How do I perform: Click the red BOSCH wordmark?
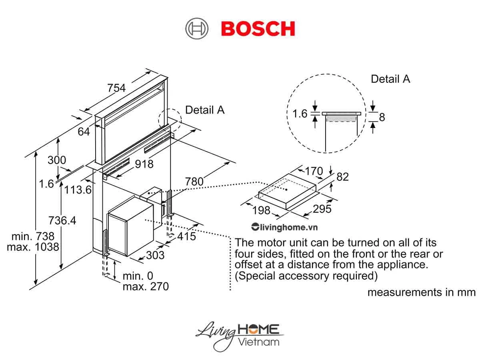click(x=258, y=29)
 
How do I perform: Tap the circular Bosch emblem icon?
click(x=197, y=29)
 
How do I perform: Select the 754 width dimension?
click(x=116, y=88)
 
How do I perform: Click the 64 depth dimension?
click(x=84, y=132)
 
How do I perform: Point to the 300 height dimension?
click(x=57, y=160)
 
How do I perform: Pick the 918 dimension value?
click(x=144, y=164)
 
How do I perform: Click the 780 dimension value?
click(x=194, y=182)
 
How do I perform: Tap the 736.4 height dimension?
click(x=62, y=220)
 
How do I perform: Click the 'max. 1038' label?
click(x=33, y=247)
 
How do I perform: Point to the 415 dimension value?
click(x=187, y=236)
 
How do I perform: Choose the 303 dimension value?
click(x=155, y=255)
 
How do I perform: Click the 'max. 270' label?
click(x=146, y=286)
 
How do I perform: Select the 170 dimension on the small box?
click(x=314, y=171)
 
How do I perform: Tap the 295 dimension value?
click(x=322, y=209)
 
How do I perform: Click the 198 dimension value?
click(x=261, y=210)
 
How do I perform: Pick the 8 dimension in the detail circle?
click(x=382, y=117)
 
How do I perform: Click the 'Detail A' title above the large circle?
click(x=390, y=79)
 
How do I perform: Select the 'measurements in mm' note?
click(x=421, y=292)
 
